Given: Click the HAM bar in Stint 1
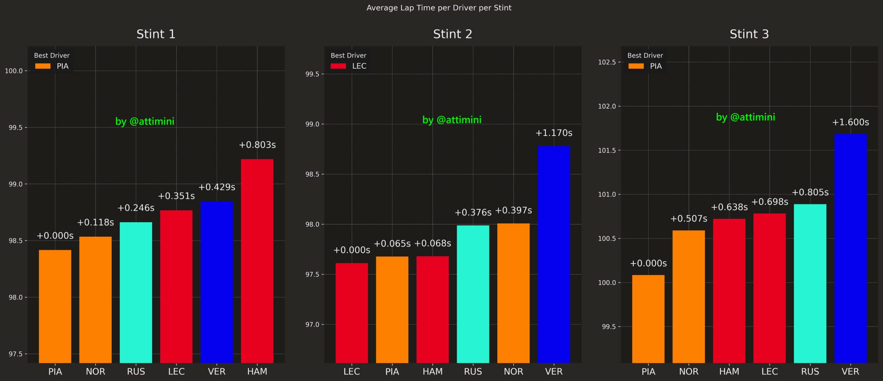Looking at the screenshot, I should (x=257, y=261).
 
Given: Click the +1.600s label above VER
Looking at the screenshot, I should (x=850, y=122).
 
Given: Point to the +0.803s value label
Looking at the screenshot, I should (x=257, y=145).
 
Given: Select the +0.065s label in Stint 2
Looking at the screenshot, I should (x=392, y=244).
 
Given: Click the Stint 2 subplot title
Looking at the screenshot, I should (x=453, y=34).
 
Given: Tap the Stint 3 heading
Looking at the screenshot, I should (x=749, y=34).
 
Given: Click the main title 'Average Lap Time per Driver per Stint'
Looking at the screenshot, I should (x=439, y=8).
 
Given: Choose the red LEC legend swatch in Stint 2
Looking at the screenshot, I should (x=338, y=66).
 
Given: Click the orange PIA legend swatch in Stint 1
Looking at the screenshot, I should (x=43, y=66).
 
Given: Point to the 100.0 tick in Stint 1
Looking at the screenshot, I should (x=13, y=71).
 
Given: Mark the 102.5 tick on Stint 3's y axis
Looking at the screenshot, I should (x=607, y=62).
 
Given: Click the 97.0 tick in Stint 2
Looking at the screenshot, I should (x=312, y=324).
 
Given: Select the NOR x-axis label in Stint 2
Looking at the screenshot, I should (x=513, y=371).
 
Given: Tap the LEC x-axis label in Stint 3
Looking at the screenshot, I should (x=770, y=371).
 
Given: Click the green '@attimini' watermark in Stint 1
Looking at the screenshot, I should (x=145, y=121).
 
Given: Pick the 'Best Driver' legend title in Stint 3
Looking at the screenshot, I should (x=645, y=55).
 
